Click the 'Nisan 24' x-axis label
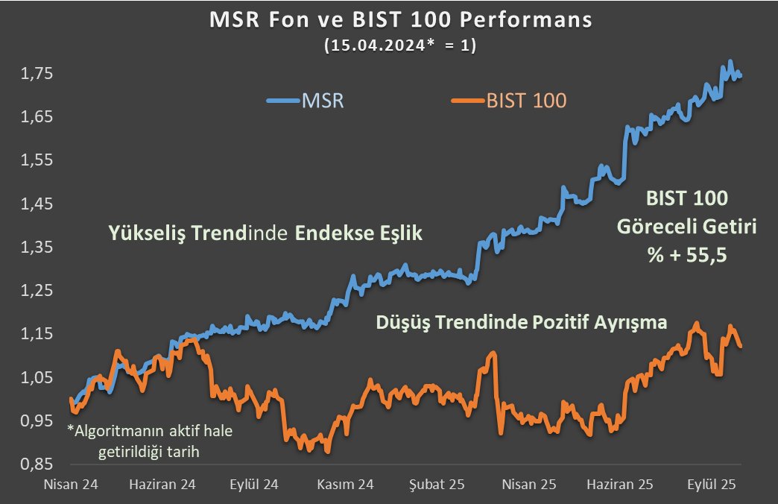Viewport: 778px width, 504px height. pyautogui.click(x=71, y=484)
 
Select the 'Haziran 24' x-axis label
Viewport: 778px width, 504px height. pyautogui.click(x=162, y=484)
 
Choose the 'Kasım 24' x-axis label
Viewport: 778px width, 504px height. pyautogui.click(x=346, y=484)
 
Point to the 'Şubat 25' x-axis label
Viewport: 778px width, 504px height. pyautogui.click(x=437, y=484)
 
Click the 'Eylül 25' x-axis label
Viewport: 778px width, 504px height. pyautogui.click(x=712, y=484)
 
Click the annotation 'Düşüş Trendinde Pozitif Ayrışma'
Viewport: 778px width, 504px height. pyautogui.click(x=522, y=323)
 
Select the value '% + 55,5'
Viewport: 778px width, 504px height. pyautogui.click(x=686, y=255)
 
